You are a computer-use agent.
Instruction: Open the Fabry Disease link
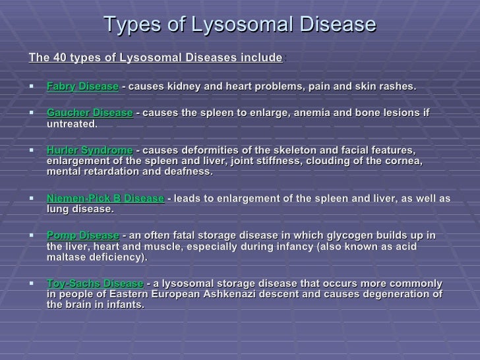82,87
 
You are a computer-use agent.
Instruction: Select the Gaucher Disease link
90,113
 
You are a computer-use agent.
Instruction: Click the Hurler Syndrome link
89,150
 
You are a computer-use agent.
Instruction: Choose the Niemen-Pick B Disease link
105,198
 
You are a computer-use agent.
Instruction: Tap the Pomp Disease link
83,235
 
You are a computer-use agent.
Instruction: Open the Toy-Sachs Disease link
95,284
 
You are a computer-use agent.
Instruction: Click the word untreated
72,124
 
